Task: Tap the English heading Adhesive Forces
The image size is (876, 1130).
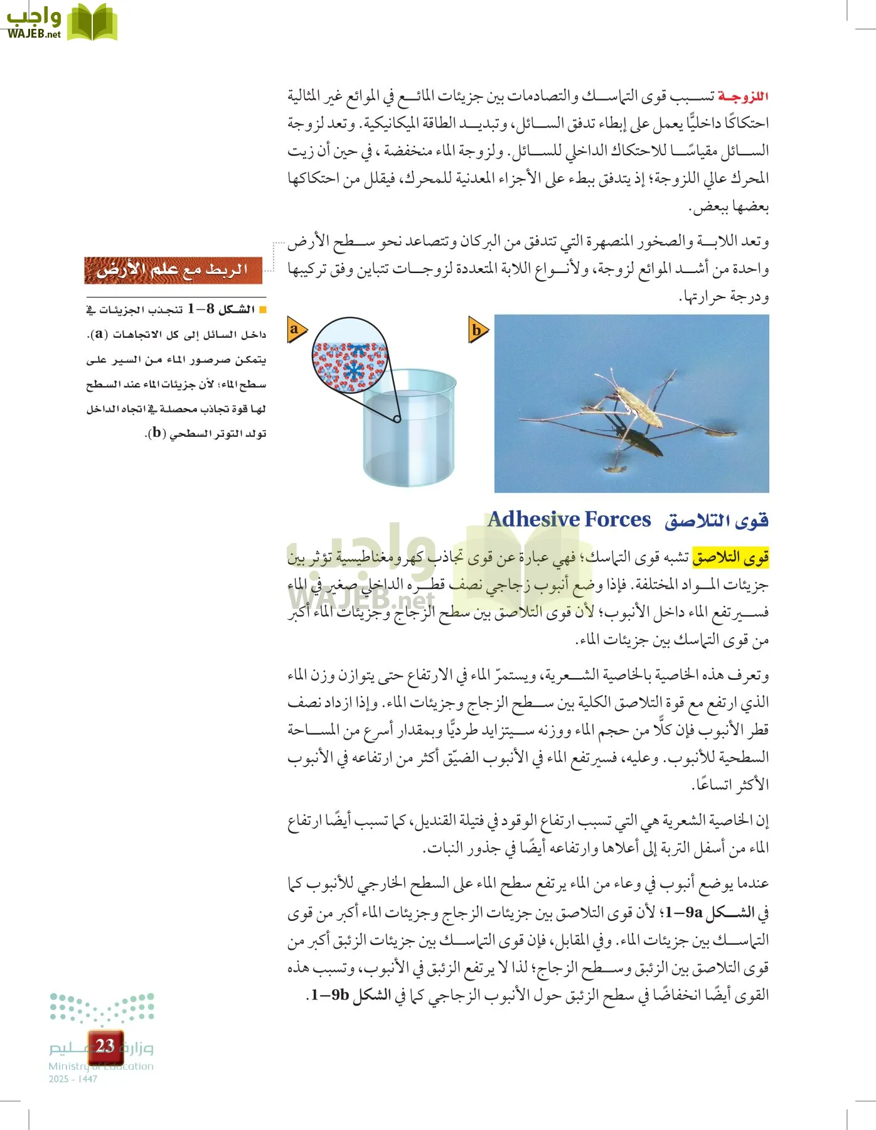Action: point(569,520)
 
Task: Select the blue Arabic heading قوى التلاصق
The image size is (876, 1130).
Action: point(717,520)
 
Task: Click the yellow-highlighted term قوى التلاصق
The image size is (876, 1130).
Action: point(730,557)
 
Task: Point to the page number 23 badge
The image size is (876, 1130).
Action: point(105,1046)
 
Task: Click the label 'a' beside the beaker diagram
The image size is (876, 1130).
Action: point(295,329)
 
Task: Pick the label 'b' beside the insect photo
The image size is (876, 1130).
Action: point(478,330)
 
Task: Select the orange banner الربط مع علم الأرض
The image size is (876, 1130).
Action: point(173,270)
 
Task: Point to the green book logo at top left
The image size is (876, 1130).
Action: point(92,23)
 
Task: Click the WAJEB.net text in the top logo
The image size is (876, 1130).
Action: point(34,34)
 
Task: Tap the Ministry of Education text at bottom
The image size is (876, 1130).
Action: point(101,1066)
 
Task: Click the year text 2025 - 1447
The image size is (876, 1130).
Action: point(73,1079)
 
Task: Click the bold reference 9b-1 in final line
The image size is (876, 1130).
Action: point(330,995)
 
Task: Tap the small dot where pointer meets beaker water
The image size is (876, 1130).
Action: point(397,419)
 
